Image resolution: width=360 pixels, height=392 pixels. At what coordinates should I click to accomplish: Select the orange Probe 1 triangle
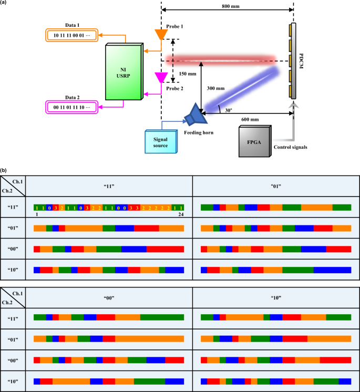click(161, 34)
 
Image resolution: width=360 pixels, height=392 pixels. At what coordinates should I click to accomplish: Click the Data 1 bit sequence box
click(71, 36)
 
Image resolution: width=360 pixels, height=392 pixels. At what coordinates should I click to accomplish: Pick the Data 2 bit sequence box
click(71, 107)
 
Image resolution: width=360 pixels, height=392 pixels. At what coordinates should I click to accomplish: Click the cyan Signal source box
click(160, 141)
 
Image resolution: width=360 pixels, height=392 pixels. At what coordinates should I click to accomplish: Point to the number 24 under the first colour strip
click(181, 215)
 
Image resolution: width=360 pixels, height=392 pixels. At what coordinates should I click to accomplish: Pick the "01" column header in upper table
click(275, 185)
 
